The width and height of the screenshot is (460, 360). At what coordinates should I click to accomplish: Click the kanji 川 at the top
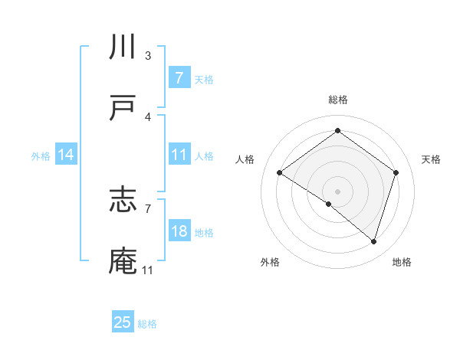[123, 47]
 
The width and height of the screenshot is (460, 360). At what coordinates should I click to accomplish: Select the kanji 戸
[123, 108]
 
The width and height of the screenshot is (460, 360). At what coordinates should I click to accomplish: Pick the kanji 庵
[123, 261]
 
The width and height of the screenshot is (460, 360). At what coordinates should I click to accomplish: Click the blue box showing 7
[179, 78]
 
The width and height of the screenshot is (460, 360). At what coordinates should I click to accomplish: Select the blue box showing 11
[179, 155]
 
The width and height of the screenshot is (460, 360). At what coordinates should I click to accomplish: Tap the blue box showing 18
[179, 231]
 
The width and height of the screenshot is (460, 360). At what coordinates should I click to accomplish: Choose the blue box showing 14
[66, 155]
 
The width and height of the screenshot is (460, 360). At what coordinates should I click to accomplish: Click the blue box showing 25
[123, 322]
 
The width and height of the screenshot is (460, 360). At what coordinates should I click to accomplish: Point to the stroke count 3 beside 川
[148, 56]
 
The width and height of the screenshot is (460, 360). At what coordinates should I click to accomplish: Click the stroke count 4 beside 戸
[148, 116]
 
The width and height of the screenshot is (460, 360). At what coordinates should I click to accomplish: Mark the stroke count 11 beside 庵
[147, 270]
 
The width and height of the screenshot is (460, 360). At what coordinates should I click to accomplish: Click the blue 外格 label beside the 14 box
[41, 155]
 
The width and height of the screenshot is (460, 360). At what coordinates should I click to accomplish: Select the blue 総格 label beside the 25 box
[147, 323]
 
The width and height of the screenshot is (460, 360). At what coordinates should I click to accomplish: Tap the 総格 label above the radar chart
[337, 100]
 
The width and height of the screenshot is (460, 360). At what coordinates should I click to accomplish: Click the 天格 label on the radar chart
[432, 159]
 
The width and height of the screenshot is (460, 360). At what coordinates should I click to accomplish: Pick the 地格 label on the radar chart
[402, 262]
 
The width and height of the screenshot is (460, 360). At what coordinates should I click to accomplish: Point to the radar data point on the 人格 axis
[280, 173]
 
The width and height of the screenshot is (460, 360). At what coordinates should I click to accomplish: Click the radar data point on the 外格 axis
[328, 204]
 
